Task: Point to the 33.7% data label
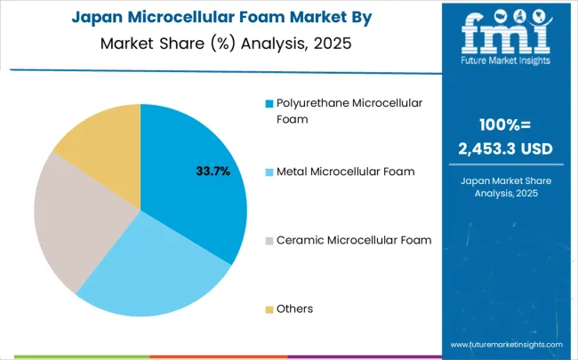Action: [213, 172]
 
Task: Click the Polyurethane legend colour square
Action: [269, 104]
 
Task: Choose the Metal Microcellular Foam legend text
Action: [346, 172]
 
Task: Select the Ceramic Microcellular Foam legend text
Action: [354, 240]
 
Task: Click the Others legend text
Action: [295, 308]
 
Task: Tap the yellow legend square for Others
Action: [269, 309]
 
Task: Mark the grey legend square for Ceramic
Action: [269, 241]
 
